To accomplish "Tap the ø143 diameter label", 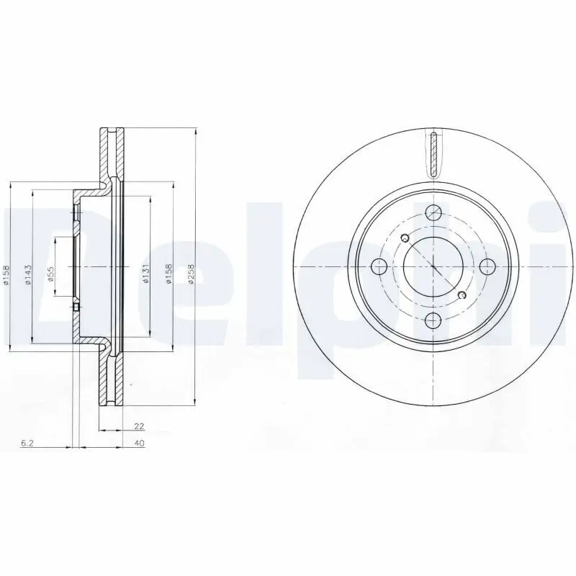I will coord(27,274).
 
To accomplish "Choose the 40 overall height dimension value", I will coord(139,444).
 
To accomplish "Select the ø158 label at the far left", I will coord(6,274).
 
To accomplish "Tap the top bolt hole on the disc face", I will coord(433,212).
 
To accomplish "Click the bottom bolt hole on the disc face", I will coord(433,320).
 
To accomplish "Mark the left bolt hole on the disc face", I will coord(379,267).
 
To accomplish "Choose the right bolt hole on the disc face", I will coord(487,267).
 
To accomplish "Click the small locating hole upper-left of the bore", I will coord(405,238).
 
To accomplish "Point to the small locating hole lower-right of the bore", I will coord(462,294).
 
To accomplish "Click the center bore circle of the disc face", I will coord(433,267).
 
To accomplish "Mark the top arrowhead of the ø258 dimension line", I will coord(195,132).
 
